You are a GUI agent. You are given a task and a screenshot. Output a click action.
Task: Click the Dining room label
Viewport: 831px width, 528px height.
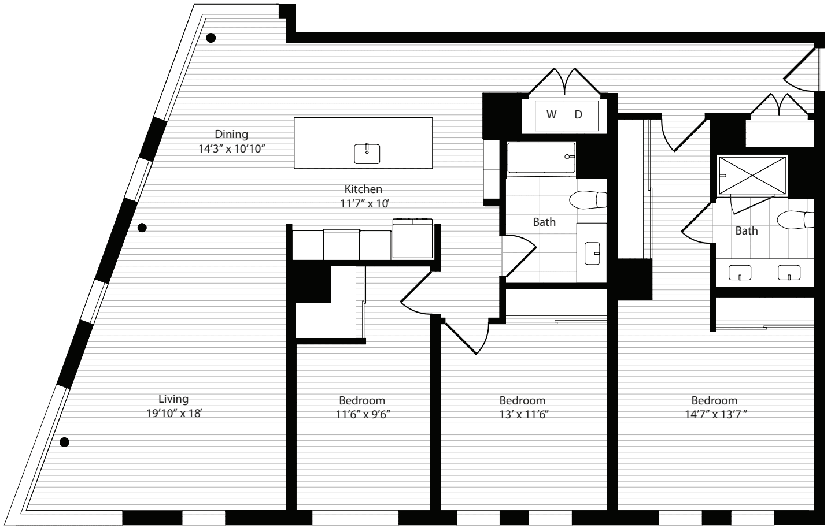coord(231,134)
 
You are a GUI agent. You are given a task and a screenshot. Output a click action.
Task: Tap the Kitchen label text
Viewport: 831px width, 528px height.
coord(363,189)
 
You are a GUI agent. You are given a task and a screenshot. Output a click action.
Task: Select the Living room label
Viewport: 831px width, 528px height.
coord(173,399)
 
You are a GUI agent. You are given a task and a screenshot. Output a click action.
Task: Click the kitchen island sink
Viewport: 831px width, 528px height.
coord(367,154)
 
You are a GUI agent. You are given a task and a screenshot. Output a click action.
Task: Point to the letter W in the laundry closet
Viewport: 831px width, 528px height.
coord(551,115)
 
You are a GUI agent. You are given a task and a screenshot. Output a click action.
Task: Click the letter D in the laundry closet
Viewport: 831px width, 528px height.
coord(578,115)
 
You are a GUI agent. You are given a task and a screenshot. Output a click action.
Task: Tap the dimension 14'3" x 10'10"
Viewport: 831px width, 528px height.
coord(231,148)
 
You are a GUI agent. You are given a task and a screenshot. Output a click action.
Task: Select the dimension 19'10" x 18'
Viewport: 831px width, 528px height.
coord(173,413)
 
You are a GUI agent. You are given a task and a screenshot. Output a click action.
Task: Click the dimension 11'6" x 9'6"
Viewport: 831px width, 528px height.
coord(363,414)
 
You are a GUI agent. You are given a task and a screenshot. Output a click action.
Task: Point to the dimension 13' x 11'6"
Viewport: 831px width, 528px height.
coord(523,414)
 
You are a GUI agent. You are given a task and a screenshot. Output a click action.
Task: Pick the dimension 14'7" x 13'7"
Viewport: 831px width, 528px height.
coord(715,414)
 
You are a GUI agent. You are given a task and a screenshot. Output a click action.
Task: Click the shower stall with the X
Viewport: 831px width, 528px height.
coord(752,175)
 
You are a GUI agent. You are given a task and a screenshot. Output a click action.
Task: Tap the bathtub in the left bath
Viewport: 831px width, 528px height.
coord(541,158)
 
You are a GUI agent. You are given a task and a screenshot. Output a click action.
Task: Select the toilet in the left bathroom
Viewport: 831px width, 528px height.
coord(588,200)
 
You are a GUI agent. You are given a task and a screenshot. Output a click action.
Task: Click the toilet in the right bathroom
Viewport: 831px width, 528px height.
coord(795,220)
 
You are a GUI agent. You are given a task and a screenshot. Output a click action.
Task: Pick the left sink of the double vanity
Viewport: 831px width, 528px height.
coord(740,273)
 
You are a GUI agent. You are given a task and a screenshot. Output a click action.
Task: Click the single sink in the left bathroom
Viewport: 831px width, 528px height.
coord(593,254)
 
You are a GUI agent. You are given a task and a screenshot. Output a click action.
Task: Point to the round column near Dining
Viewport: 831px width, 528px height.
coord(210,38)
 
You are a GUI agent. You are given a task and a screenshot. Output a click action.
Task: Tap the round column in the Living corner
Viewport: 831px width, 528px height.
coord(65,442)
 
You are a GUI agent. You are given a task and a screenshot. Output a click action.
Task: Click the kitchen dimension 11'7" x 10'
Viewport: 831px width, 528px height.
coord(365,203)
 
